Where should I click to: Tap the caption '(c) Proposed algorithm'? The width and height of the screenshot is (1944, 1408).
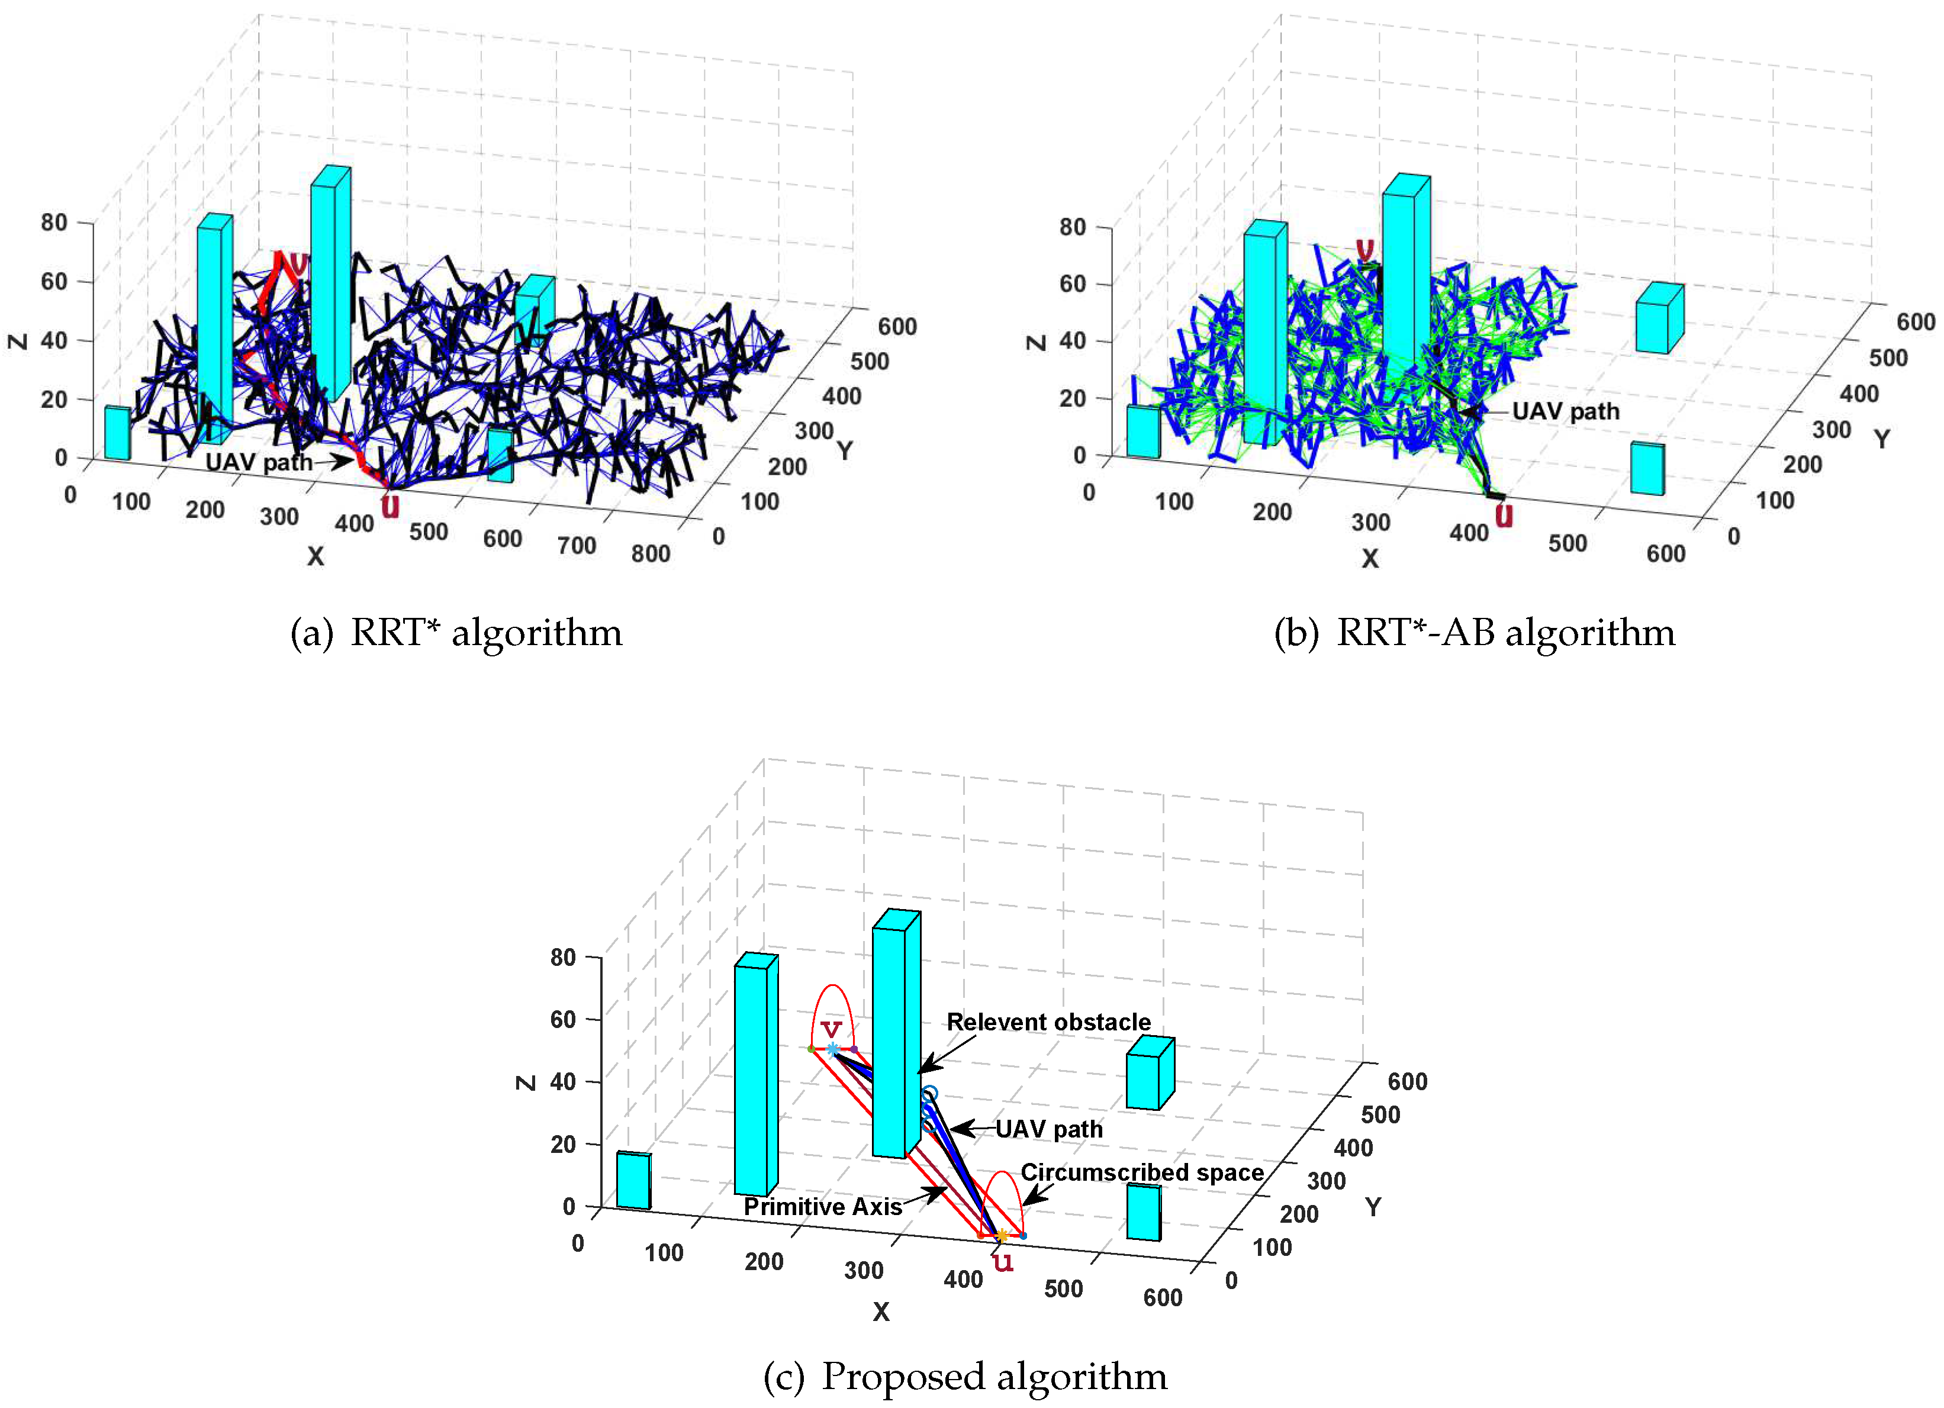(x=964, y=1376)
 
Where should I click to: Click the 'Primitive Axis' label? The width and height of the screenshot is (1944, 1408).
(x=822, y=1207)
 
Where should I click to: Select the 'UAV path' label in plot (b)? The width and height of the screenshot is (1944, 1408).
(x=1565, y=411)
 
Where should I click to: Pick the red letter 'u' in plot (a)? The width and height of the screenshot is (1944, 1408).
(x=390, y=505)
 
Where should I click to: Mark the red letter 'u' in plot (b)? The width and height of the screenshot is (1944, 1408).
(x=1504, y=516)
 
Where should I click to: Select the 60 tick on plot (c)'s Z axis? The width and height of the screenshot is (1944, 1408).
(x=562, y=1019)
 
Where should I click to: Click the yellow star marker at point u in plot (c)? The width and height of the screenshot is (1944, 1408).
(x=1001, y=1235)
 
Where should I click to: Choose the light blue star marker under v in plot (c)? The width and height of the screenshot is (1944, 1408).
(x=832, y=1049)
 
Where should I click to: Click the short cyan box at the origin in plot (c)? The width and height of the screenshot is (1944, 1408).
(x=633, y=1180)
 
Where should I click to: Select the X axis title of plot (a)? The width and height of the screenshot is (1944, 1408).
(x=316, y=556)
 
